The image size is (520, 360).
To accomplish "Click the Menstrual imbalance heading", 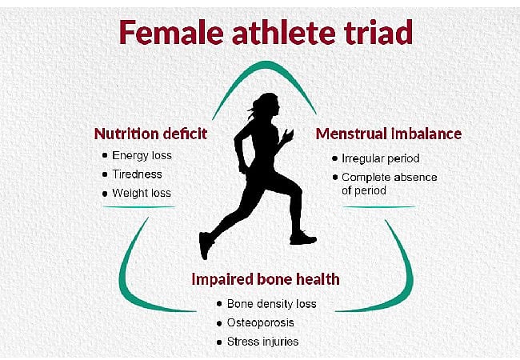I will [388, 134].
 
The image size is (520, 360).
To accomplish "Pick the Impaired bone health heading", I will [265, 279].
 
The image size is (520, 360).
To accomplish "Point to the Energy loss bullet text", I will [142, 155].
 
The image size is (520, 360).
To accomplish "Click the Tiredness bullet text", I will [137, 174].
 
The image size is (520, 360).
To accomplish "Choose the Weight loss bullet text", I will [141, 194].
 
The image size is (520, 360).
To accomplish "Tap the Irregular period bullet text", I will [380, 158].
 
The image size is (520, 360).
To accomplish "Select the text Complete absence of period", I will [389, 183].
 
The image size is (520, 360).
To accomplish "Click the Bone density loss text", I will [271, 304].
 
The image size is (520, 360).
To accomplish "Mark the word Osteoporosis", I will [260, 322].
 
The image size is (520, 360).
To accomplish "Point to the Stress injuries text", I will [262, 342].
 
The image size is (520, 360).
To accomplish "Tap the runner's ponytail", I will [250, 107].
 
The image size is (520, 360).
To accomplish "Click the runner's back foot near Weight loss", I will [206, 244].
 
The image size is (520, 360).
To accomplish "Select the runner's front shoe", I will [303, 238].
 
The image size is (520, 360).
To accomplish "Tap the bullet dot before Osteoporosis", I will [219, 322].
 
